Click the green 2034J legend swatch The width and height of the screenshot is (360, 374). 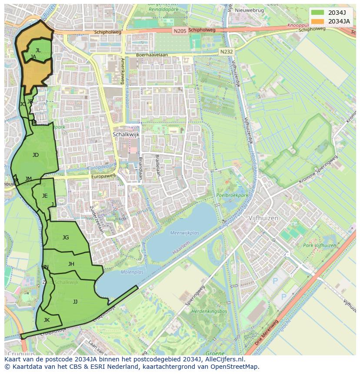pos(317,12)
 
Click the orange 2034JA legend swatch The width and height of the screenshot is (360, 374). pos(317,21)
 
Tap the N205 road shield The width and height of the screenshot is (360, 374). pos(179,31)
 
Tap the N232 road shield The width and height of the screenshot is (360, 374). pos(226,51)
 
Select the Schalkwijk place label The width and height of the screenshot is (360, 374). pos(126,135)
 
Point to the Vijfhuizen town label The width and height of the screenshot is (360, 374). pos(263,218)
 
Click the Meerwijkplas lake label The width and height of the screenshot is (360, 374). pos(185,233)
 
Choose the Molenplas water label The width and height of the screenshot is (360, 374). pos(132,272)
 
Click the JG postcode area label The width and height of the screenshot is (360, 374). pos(66,237)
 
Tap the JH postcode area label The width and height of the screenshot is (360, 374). pos(71,264)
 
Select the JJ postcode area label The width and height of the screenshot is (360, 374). pos(75,301)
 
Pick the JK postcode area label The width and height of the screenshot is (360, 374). pos(47,320)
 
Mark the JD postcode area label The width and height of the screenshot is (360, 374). pos(36,155)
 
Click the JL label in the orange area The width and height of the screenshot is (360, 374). pos(38,50)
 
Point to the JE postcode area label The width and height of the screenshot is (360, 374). pos(45,195)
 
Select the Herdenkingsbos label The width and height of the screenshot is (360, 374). pos(210,311)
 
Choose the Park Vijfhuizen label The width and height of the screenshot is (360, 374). pos(320,245)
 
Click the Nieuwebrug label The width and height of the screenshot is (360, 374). pos(250,10)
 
